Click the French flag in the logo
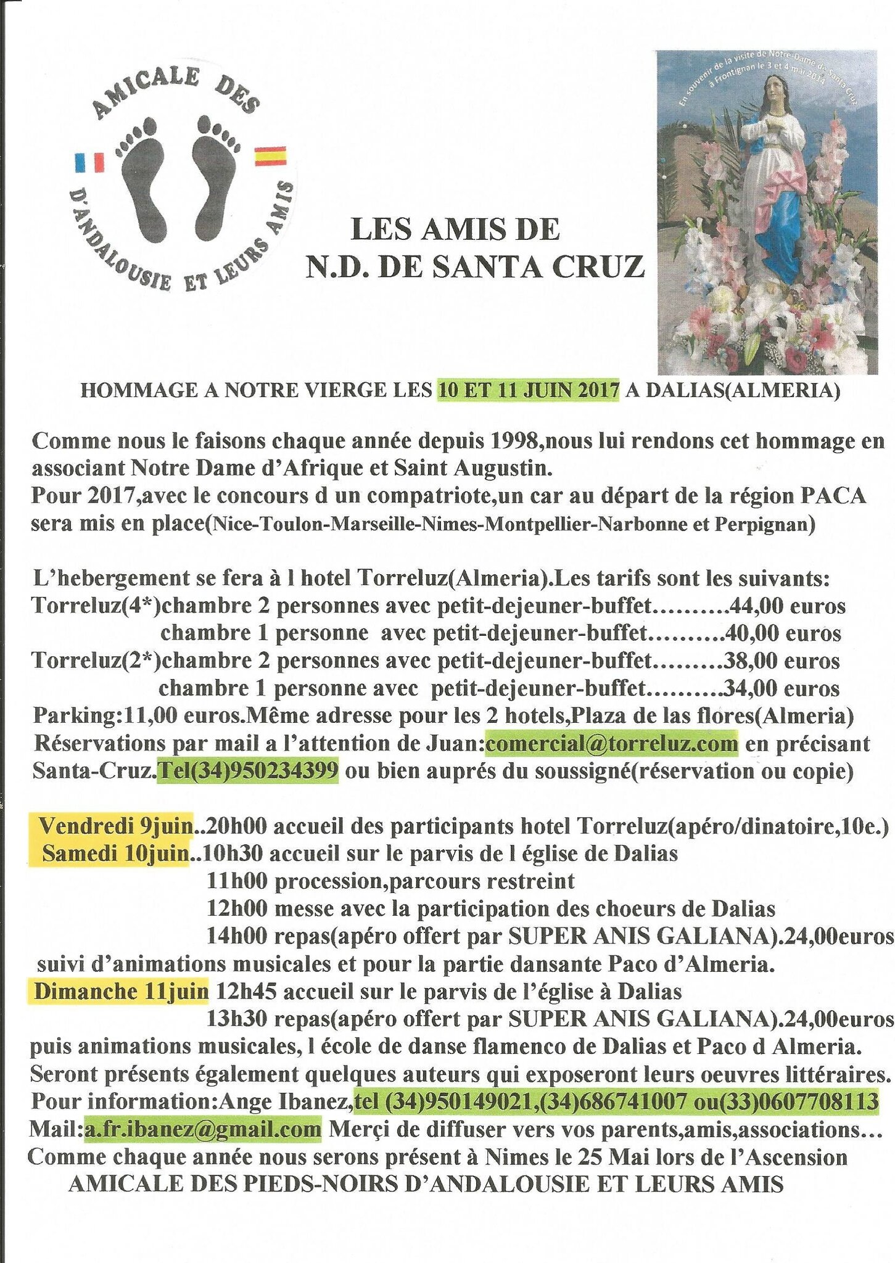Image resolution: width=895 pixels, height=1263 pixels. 89,162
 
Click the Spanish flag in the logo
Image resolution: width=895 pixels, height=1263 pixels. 270,156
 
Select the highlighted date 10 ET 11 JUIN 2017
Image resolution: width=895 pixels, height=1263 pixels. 528,390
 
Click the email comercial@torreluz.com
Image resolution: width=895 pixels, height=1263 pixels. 611,743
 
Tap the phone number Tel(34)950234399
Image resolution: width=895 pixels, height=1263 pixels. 248,771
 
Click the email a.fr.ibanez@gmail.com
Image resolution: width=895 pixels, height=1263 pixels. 203,1130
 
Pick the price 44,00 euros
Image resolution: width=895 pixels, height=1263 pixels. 786,606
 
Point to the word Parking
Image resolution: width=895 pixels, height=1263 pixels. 74,716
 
